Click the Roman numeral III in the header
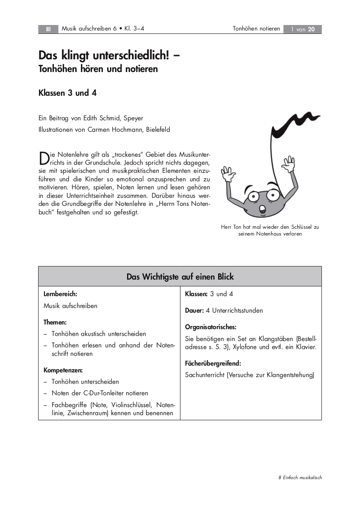[48, 29]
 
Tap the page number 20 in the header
[311, 29]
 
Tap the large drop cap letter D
[44, 158]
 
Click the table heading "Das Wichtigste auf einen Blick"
[180, 277]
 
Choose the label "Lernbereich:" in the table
[60, 294]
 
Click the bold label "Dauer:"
[194, 311]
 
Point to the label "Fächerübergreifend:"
[213, 363]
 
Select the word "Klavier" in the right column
[305, 347]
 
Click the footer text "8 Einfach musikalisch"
[300, 477]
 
